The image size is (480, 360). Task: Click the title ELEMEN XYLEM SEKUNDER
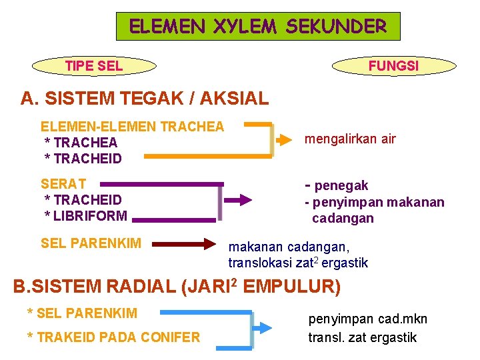click(258, 27)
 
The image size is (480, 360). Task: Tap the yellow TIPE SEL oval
click(94, 66)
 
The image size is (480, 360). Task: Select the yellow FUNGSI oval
click(393, 66)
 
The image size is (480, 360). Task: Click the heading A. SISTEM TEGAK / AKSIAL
click(145, 99)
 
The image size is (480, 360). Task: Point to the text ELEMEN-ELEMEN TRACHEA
click(133, 126)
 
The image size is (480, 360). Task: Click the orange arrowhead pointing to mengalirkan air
click(286, 140)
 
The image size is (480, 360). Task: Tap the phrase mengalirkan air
click(350, 139)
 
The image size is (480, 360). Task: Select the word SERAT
click(63, 183)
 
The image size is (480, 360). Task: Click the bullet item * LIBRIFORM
click(85, 215)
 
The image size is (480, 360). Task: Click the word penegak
click(341, 185)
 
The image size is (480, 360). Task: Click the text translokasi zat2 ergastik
click(298, 263)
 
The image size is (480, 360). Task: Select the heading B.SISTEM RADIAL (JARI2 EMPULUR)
click(177, 287)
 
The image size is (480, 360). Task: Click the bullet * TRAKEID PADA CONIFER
click(113, 337)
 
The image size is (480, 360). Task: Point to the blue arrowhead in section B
click(265, 327)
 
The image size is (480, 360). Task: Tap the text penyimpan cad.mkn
click(367, 319)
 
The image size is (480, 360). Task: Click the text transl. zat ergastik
click(362, 337)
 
